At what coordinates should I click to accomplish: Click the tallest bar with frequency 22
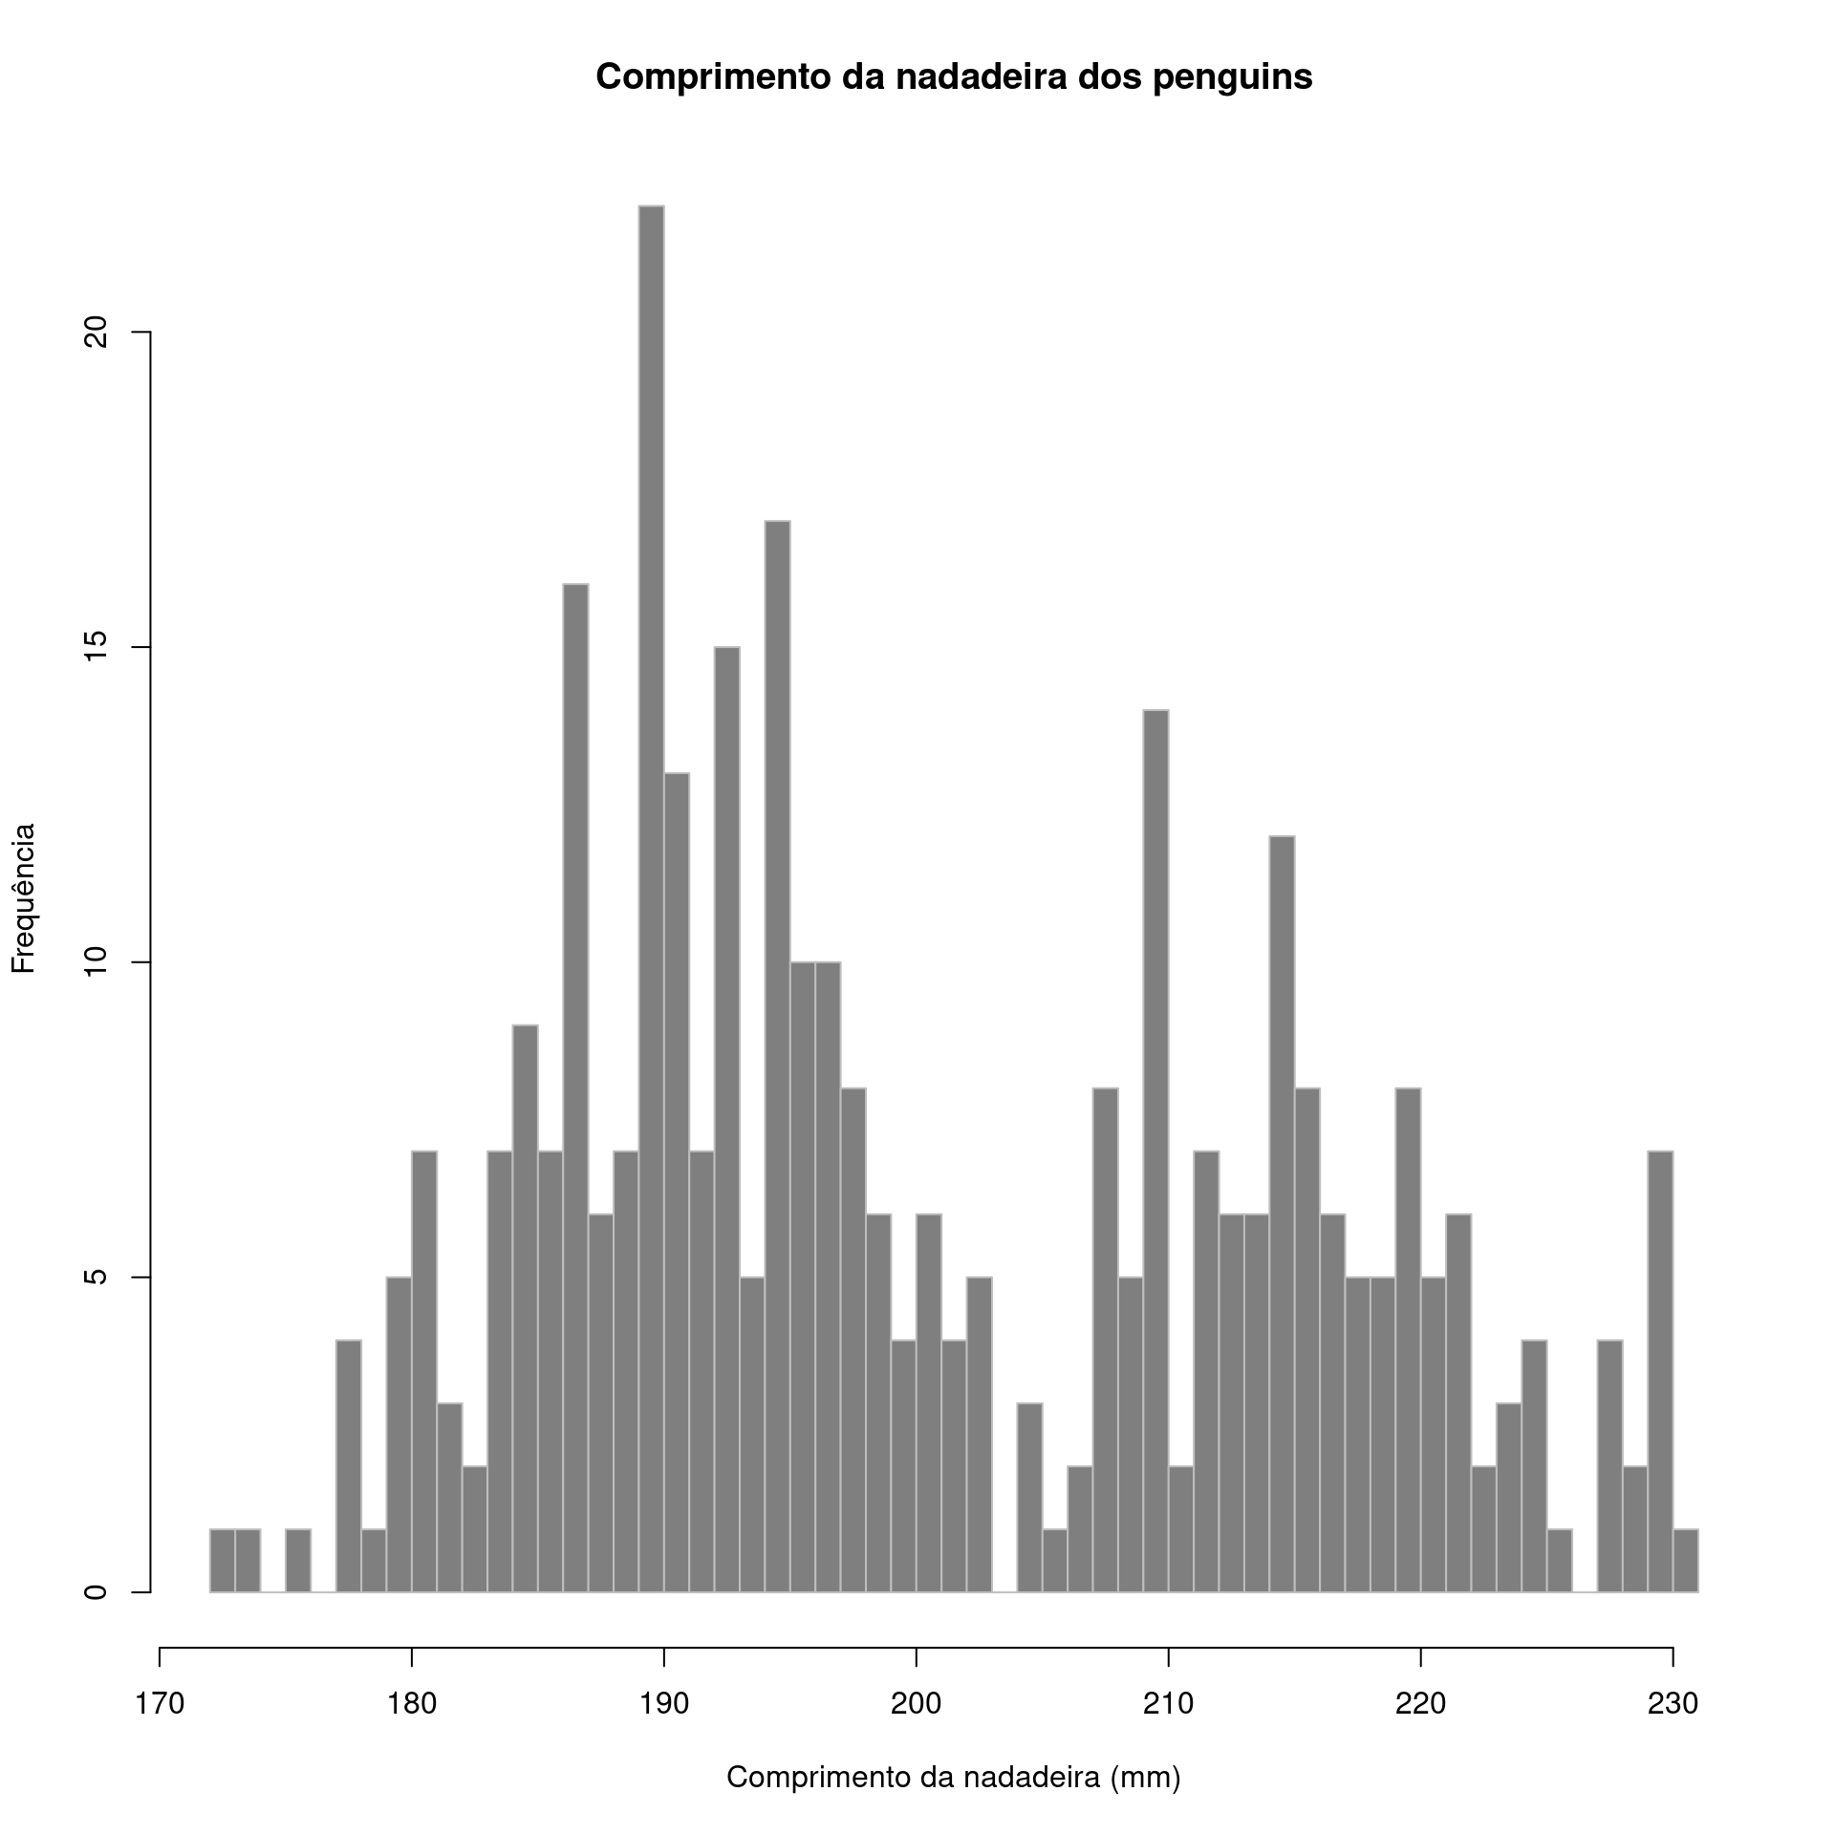(651, 898)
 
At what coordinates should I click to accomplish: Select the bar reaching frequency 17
(777, 1056)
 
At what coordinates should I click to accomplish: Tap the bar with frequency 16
(575, 1088)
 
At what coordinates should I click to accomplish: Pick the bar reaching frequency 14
(1155, 1151)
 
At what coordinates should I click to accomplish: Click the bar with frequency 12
(1282, 1214)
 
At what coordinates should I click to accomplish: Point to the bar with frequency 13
(677, 1182)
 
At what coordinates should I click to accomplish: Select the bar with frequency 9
(525, 1308)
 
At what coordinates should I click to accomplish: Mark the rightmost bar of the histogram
(1686, 1561)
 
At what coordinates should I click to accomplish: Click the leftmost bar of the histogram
(222, 1561)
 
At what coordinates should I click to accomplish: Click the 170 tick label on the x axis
(159, 1704)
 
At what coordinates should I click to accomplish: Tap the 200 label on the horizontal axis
(916, 1704)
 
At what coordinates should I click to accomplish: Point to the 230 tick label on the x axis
(1673, 1704)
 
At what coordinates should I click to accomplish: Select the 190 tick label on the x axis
(663, 1704)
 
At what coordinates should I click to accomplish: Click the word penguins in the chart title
(1232, 78)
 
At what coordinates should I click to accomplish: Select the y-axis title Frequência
(24, 897)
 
